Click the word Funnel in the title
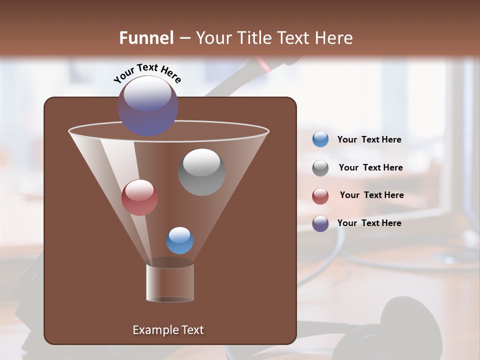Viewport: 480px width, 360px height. click(x=146, y=38)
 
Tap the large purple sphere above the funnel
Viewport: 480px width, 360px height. click(x=148, y=105)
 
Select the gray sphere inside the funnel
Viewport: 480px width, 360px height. click(x=201, y=171)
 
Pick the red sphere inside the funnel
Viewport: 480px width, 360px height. click(x=139, y=197)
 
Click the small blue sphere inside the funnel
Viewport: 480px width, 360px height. click(x=179, y=240)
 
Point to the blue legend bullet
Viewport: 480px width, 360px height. click(x=320, y=139)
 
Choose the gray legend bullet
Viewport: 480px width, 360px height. click(x=320, y=167)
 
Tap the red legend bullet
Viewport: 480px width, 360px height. click(x=320, y=195)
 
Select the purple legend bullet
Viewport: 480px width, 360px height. click(x=320, y=223)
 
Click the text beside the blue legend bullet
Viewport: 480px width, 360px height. click(x=369, y=139)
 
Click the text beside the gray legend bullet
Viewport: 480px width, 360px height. click(x=370, y=167)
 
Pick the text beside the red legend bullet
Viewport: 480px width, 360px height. click(x=371, y=195)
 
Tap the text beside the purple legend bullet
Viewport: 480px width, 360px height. click(x=369, y=223)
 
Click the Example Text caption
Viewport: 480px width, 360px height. click(x=168, y=330)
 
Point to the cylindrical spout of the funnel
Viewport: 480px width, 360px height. click(x=170, y=283)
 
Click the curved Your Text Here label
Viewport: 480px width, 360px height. click(x=147, y=72)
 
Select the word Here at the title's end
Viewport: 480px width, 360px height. click(x=334, y=38)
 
